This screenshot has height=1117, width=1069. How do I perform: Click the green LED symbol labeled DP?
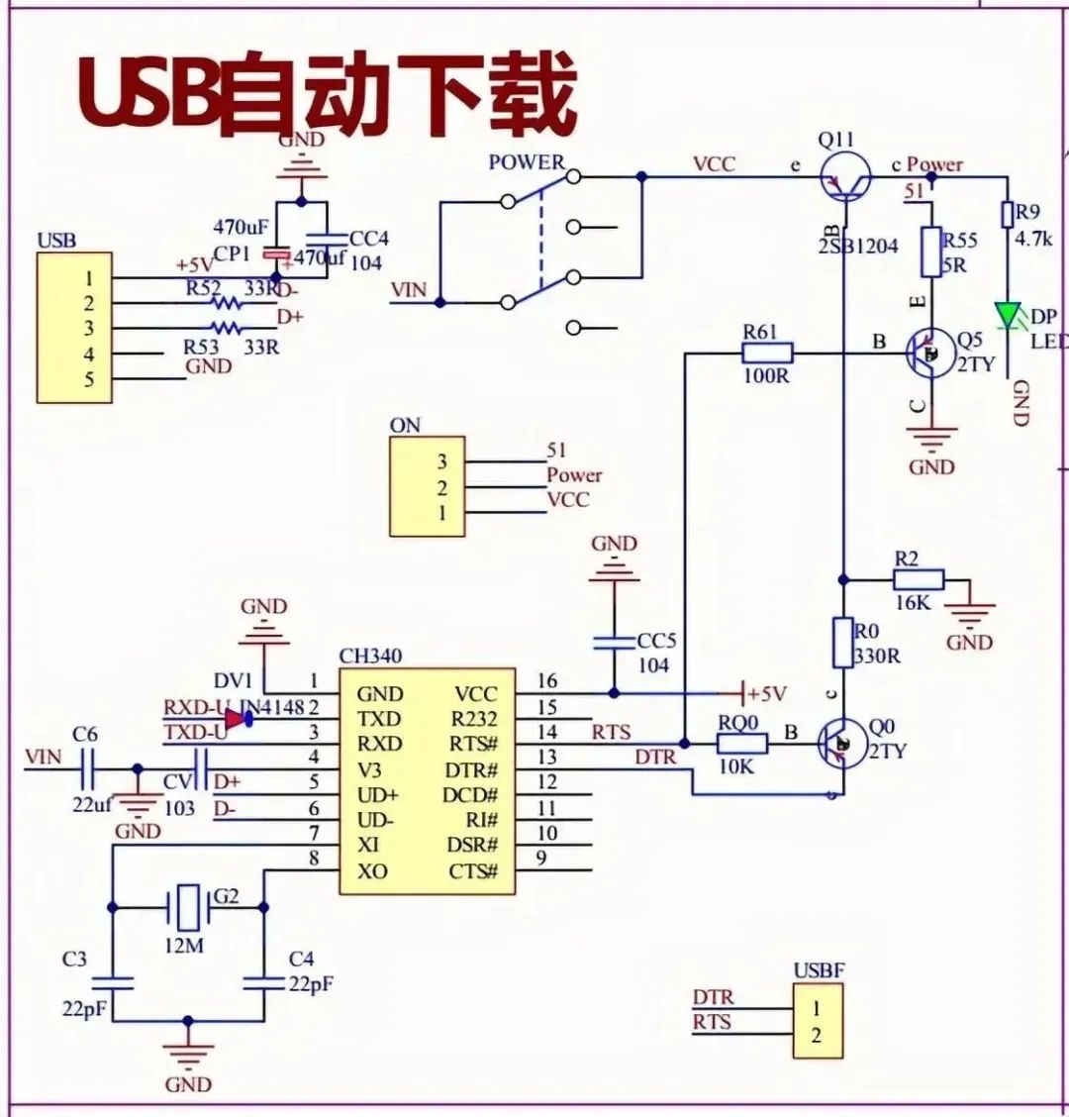pyautogui.click(x=1009, y=316)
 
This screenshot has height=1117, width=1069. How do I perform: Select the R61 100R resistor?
pyautogui.click(x=766, y=352)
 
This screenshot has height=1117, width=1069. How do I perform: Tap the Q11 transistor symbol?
pyautogui.click(x=846, y=178)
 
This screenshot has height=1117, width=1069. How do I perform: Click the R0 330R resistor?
pyautogui.click(x=842, y=643)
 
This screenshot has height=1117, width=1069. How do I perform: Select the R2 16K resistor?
pyautogui.click(x=919, y=579)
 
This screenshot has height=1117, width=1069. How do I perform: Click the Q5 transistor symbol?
pyautogui.click(x=929, y=353)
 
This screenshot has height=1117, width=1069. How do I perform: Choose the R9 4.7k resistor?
pyautogui.click(x=1007, y=216)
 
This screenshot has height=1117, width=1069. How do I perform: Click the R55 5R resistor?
pyautogui.click(x=930, y=252)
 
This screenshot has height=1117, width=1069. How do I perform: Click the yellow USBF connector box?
pyautogui.click(x=817, y=1022)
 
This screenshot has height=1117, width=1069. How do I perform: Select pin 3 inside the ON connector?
pyautogui.click(x=441, y=461)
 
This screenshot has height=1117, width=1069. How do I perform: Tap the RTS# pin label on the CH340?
pyautogui.click(x=473, y=745)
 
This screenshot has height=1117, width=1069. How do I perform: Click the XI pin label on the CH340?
pyautogui.click(x=368, y=846)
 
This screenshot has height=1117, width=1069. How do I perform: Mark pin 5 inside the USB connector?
pyautogui.click(x=89, y=379)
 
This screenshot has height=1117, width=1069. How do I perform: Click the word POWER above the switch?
pyautogui.click(x=526, y=162)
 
